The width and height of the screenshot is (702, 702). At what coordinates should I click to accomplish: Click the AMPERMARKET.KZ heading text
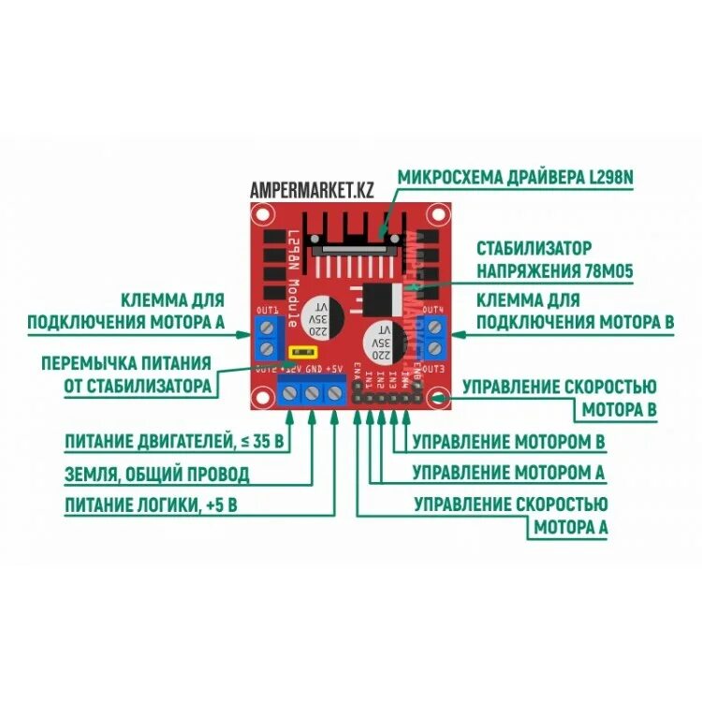click(312, 190)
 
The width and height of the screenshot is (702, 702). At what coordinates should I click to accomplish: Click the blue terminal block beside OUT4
click(433, 338)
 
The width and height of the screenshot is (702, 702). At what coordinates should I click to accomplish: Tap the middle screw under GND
click(312, 394)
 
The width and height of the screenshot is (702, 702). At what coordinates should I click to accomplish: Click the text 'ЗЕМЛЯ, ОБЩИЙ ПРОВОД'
click(157, 474)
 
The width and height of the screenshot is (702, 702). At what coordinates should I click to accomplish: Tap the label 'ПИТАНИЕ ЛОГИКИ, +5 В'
click(151, 506)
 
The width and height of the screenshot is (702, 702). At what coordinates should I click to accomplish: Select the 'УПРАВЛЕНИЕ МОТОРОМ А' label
click(508, 472)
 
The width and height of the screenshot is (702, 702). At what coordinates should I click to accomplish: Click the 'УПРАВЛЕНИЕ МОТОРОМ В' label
click(508, 440)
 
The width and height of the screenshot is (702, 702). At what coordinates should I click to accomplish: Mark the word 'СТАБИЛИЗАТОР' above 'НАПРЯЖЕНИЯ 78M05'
click(534, 249)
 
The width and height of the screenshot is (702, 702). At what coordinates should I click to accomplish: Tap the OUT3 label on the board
click(431, 371)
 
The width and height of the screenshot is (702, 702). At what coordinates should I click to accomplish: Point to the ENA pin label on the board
click(358, 378)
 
